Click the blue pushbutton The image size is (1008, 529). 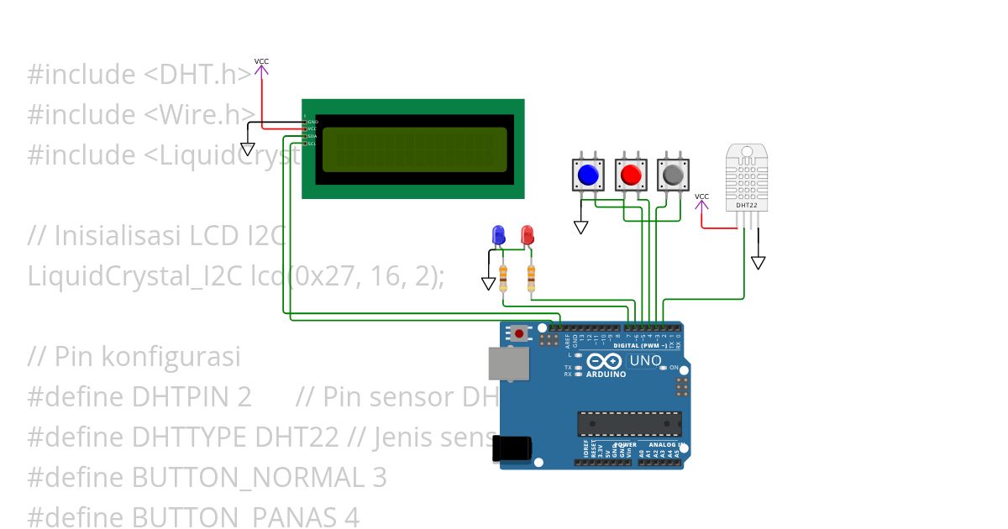point(588,175)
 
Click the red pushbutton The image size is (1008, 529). point(631,175)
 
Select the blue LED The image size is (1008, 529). point(498,234)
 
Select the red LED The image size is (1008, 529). point(527,234)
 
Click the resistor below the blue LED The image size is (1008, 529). point(503,276)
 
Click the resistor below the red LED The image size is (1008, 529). point(531,276)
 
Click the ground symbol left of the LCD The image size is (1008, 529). point(247,149)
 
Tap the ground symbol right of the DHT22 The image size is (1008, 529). point(758,263)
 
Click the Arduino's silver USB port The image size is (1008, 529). point(510,363)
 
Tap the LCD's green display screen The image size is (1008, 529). point(414,149)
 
